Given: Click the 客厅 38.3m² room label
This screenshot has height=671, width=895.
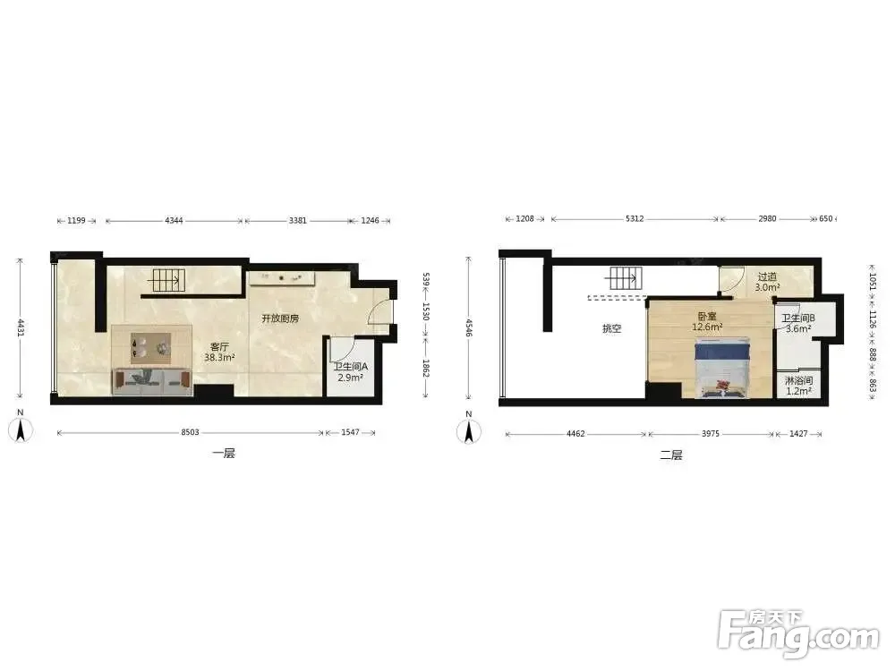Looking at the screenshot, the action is pyautogui.click(x=220, y=352).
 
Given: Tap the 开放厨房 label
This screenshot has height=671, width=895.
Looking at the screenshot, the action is pyautogui.click(x=280, y=319).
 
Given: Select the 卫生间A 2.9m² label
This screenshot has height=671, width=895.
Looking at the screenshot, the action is pyautogui.click(x=351, y=372).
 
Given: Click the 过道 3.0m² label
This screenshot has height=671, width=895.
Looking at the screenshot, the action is pyautogui.click(x=767, y=282).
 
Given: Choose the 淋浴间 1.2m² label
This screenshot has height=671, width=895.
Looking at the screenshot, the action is pyautogui.click(x=798, y=386).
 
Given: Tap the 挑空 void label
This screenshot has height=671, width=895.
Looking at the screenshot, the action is pyautogui.click(x=612, y=328).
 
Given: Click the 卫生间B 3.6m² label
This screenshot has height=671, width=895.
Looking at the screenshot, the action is pyautogui.click(x=798, y=324).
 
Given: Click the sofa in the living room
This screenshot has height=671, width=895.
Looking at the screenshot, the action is pyautogui.click(x=152, y=382).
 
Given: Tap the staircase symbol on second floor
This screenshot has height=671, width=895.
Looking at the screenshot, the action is pyautogui.click(x=624, y=278).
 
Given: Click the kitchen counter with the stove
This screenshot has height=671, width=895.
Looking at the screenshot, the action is pyautogui.click(x=281, y=278).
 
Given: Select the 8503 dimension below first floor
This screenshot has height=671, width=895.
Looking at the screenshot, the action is pyautogui.click(x=190, y=432).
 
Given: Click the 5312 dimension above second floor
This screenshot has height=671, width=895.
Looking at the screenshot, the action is pyautogui.click(x=635, y=218).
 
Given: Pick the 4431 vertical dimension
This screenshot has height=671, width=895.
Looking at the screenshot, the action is pyautogui.click(x=21, y=327).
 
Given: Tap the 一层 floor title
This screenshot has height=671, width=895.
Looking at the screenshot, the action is pyautogui.click(x=224, y=454).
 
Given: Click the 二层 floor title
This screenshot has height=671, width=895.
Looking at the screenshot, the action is pyautogui.click(x=671, y=455).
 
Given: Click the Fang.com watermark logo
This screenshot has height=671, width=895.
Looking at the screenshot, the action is pyautogui.click(x=798, y=633).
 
